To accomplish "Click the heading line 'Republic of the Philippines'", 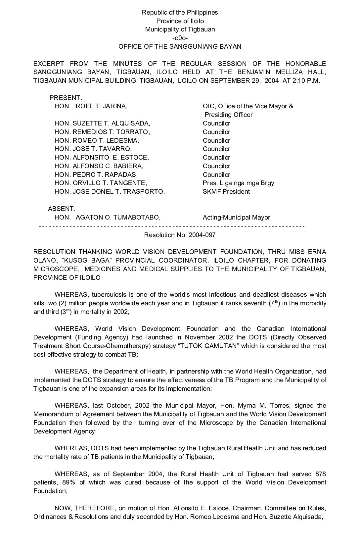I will [180, 13].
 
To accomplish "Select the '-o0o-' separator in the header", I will [180, 38].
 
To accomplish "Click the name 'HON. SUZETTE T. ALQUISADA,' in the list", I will [102, 124].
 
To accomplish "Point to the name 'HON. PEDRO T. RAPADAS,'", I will [96, 175].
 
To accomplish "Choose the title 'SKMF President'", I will [226, 192].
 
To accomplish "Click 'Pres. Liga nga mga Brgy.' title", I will [239, 183].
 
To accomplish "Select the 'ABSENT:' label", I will [62, 209].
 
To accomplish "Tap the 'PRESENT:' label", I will [66, 98].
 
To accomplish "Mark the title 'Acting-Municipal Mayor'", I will [236, 218].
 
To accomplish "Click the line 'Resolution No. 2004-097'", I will [180, 235].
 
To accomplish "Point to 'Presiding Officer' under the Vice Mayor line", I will [228, 115].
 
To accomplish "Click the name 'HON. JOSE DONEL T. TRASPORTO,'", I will [110, 192].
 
